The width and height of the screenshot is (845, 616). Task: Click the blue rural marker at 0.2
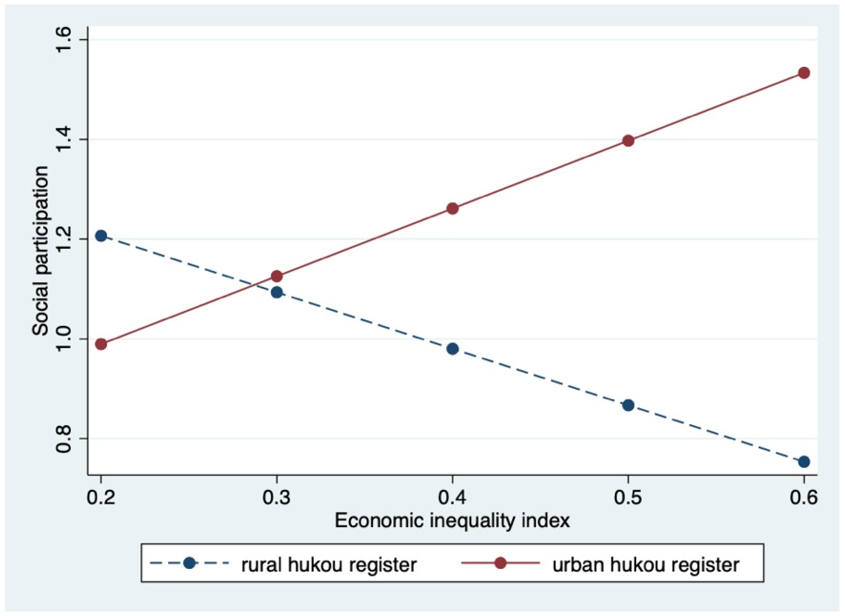[x=101, y=236]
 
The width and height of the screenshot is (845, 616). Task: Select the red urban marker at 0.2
[x=101, y=344]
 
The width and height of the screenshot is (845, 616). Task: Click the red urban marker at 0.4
[x=452, y=209]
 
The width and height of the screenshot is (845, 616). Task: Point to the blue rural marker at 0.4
[x=452, y=349]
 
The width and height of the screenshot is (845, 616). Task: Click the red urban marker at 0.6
[x=804, y=73]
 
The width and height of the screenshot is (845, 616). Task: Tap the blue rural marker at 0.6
[x=804, y=462]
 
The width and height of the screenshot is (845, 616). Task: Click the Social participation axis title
[x=40, y=251]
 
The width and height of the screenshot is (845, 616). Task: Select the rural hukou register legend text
[x=329, y=565]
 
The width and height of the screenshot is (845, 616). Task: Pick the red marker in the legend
[x=501, y=563]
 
